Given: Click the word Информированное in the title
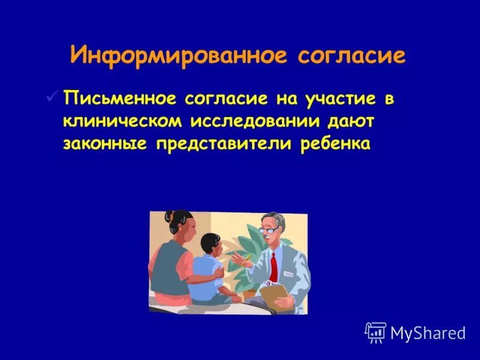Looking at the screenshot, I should [179, 56].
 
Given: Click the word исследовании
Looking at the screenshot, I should [256, 121].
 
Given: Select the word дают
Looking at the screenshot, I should [350, 121].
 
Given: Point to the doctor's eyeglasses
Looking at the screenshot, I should [268, 229].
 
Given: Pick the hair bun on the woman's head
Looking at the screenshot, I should [171, 215].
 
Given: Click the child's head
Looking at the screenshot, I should [211, 243].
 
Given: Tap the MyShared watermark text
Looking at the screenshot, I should [428, 333].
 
